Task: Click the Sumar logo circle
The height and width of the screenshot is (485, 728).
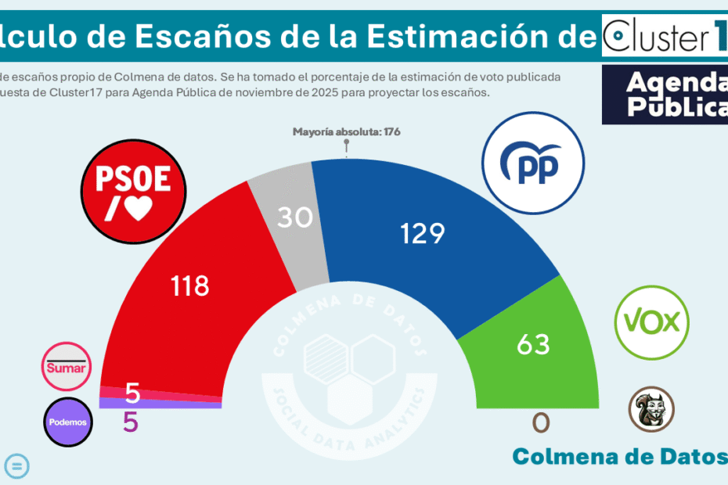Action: [67, 367]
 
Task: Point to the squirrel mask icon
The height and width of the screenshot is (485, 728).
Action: [651, 408]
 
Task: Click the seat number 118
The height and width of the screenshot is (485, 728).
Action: [190, 286]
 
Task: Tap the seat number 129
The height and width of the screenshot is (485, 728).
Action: [422, 233]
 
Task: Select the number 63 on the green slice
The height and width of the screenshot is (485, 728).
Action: [533, 343]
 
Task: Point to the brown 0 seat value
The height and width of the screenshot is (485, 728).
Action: [541, 423]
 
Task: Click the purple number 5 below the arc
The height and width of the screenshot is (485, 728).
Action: [131, 422]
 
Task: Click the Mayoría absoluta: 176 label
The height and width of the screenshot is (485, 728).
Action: [346, 131]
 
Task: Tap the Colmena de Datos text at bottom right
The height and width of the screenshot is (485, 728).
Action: [618, 456]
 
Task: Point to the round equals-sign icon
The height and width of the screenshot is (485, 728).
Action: [17, 466]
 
